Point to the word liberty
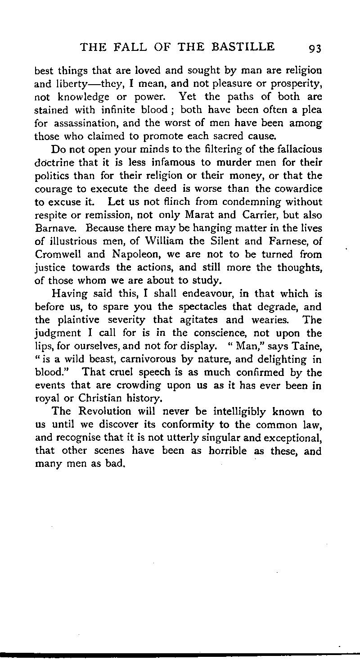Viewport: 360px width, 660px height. click(x=69, y=84)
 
